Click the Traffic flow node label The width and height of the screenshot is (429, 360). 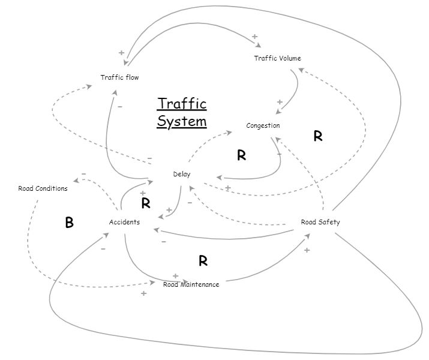pyautogui.click(x=119, y=77)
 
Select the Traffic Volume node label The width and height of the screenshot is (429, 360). pyautogui.click(x=277, y=58)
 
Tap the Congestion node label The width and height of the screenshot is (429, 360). pyautogui.click(x=263, y=125)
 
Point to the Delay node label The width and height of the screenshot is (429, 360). pyautogui.click(x=182, y=174)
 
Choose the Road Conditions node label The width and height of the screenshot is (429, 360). pyautogui.click(x=43, y=188)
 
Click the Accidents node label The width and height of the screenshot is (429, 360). pyautogui.click(x=124, y=222)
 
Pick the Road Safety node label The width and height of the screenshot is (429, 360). pyautogui.click(x=320, y=222)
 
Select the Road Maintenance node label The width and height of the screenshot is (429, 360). pyautogui.click(x=191, y=284)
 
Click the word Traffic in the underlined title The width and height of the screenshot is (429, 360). pyautogui.click(x=182, y=104)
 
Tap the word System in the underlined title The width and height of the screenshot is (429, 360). pyautogui.click(x=182, y=121)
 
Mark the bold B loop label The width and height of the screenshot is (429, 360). pyautogui.click(x=69, y=223)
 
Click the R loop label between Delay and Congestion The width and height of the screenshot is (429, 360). pyautogui.click(x=241, y=156)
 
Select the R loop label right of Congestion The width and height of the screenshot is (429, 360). pyautogui.click(x=318, y=137)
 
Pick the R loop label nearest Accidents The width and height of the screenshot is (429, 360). pyautogui.click(x=145, y=203)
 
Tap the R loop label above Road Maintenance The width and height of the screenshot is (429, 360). pyautogui.click(x=203, y=261)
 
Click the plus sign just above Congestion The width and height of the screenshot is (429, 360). pyautogui.click(x=280, y=102)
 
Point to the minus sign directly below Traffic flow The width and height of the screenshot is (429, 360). pyautogui.click(x=120, y=106)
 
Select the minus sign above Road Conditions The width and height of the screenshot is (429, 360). pyautogui.click(x=83, y=174)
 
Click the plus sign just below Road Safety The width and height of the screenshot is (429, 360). pyautogui.click(x=307, y=250)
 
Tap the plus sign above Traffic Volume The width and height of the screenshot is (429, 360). pyautogui.click(x=254, y=37)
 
